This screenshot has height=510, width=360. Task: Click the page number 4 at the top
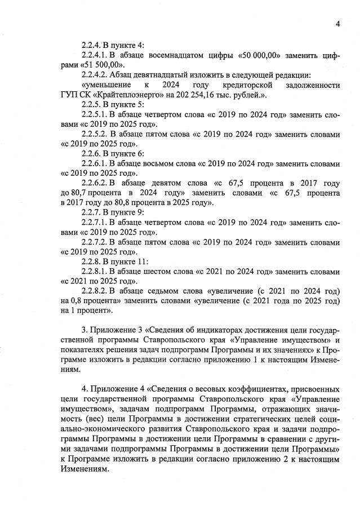[337, 24]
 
